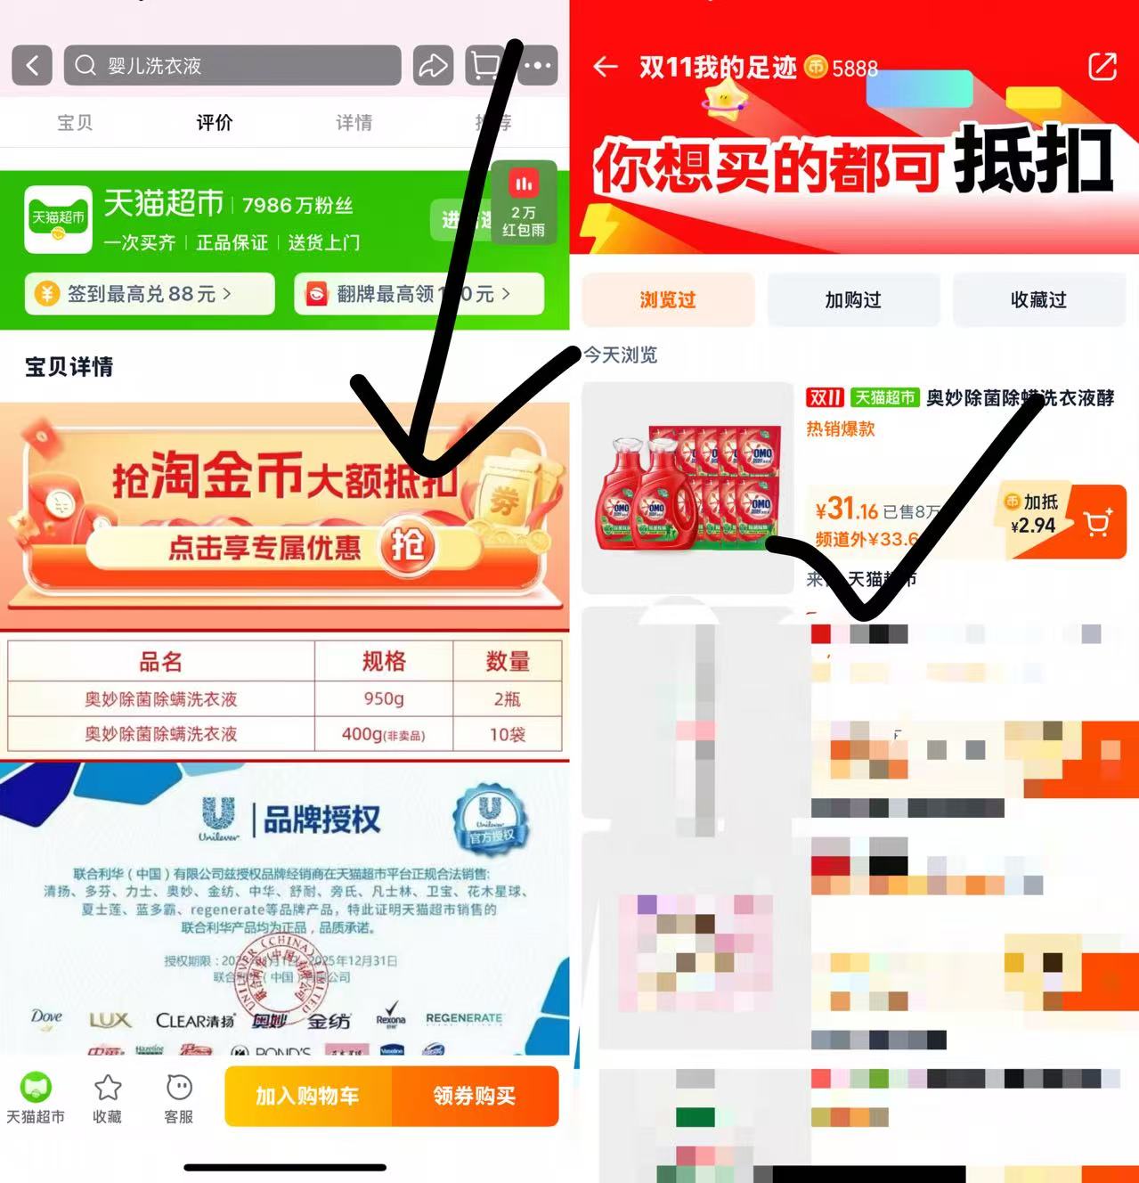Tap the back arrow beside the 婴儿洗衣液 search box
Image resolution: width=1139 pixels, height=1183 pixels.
32,65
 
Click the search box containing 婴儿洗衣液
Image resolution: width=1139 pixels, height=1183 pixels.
232,65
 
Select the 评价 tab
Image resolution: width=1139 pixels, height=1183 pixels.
214,122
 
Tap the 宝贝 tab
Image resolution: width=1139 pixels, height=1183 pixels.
75,122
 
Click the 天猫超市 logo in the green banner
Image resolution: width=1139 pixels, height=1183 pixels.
58,219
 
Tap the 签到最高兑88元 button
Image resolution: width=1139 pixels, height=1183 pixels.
150,294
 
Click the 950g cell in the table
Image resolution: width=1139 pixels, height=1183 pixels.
384,698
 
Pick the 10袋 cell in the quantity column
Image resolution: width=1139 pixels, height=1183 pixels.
508,734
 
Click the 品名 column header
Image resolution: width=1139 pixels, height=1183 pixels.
160,661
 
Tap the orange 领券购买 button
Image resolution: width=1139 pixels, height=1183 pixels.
475,1096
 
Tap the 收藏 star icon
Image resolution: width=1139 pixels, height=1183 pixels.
108,1088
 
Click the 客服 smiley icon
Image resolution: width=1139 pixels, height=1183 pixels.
179,1088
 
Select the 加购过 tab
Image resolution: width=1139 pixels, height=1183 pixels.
853,300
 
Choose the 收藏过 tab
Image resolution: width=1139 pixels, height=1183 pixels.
1038,300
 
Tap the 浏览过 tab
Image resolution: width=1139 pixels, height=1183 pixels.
668,300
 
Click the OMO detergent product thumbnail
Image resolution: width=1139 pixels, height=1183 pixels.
687,487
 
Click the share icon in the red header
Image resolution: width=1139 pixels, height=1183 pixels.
1102,67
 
